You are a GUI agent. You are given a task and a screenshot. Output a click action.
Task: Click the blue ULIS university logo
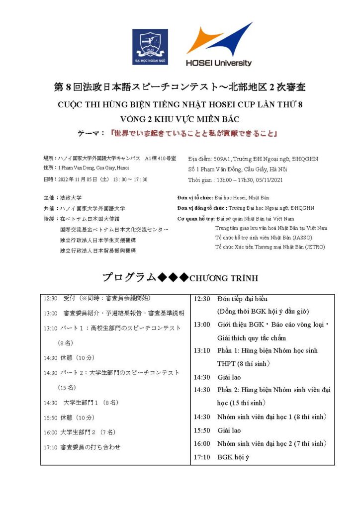tap(150, 46)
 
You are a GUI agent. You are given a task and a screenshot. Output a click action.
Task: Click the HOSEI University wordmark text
tap(219, 63)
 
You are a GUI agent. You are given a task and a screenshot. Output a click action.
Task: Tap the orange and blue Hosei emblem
tap(219, 39)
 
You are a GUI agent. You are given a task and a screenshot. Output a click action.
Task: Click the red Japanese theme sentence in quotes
tap(193, 133)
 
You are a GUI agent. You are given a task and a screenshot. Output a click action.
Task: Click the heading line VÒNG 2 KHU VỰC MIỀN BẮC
tap(180, 119)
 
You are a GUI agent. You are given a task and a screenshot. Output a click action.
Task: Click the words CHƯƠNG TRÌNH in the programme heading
tap(224, 278)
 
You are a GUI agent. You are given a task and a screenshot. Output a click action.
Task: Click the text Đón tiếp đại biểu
tap(242, 299)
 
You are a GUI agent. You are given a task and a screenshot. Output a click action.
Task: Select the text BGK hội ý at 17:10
tap(233, 457)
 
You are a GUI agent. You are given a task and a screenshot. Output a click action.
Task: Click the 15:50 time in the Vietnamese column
tap(201, 430)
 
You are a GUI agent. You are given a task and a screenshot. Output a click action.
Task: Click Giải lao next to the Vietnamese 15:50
tap(229, 430)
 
